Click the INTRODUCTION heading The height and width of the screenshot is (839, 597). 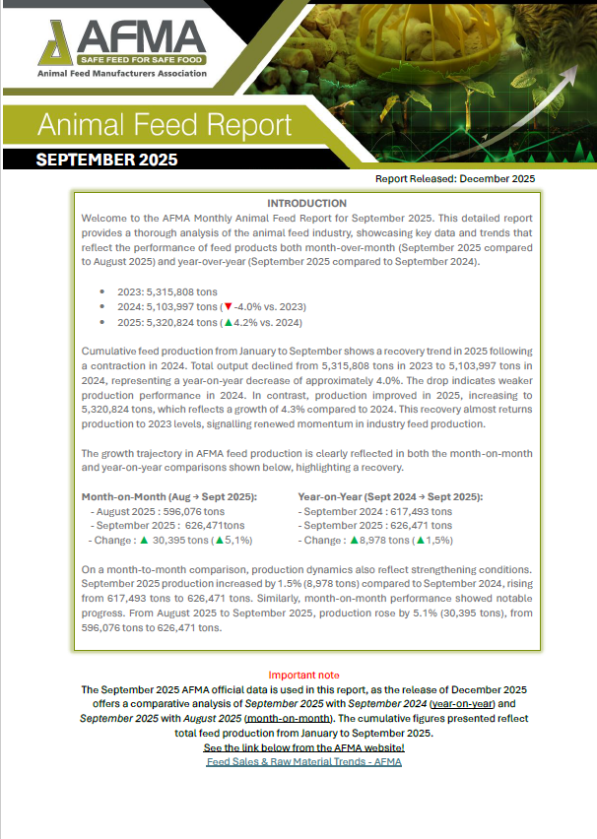click(x=306, y=203)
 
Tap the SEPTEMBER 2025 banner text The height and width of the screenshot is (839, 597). click(x=106, y=160)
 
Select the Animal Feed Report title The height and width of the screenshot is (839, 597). click(x=165, y=125)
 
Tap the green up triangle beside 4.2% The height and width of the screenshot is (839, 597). click(x=230, y=322)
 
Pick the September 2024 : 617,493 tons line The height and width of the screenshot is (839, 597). click(x=375, y=511)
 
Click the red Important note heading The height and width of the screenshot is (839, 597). click(x=303, y=676)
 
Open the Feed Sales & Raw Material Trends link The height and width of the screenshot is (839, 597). click(x=303, y=763)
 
